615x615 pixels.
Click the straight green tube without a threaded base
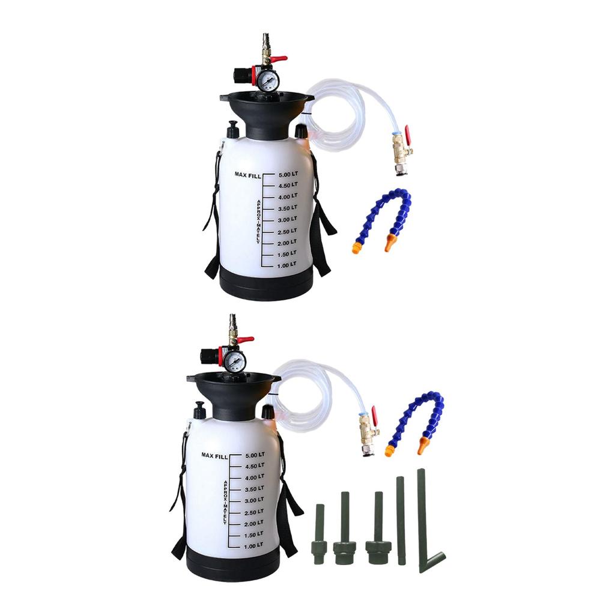(x=401, y=520)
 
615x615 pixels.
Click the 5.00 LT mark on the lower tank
(x=254, y=455)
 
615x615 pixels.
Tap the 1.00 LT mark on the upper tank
(x=287, y=265)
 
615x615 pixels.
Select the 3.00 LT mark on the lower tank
(x=254, y=500)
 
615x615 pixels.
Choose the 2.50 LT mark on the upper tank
(x=287, y=231)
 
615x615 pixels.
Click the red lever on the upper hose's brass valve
(x=407, y=135)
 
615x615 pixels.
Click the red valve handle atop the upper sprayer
(x=277, y=59)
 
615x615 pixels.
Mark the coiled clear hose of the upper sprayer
(x=336, y=120)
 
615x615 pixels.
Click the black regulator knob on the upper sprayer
(x=243, y=76)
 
